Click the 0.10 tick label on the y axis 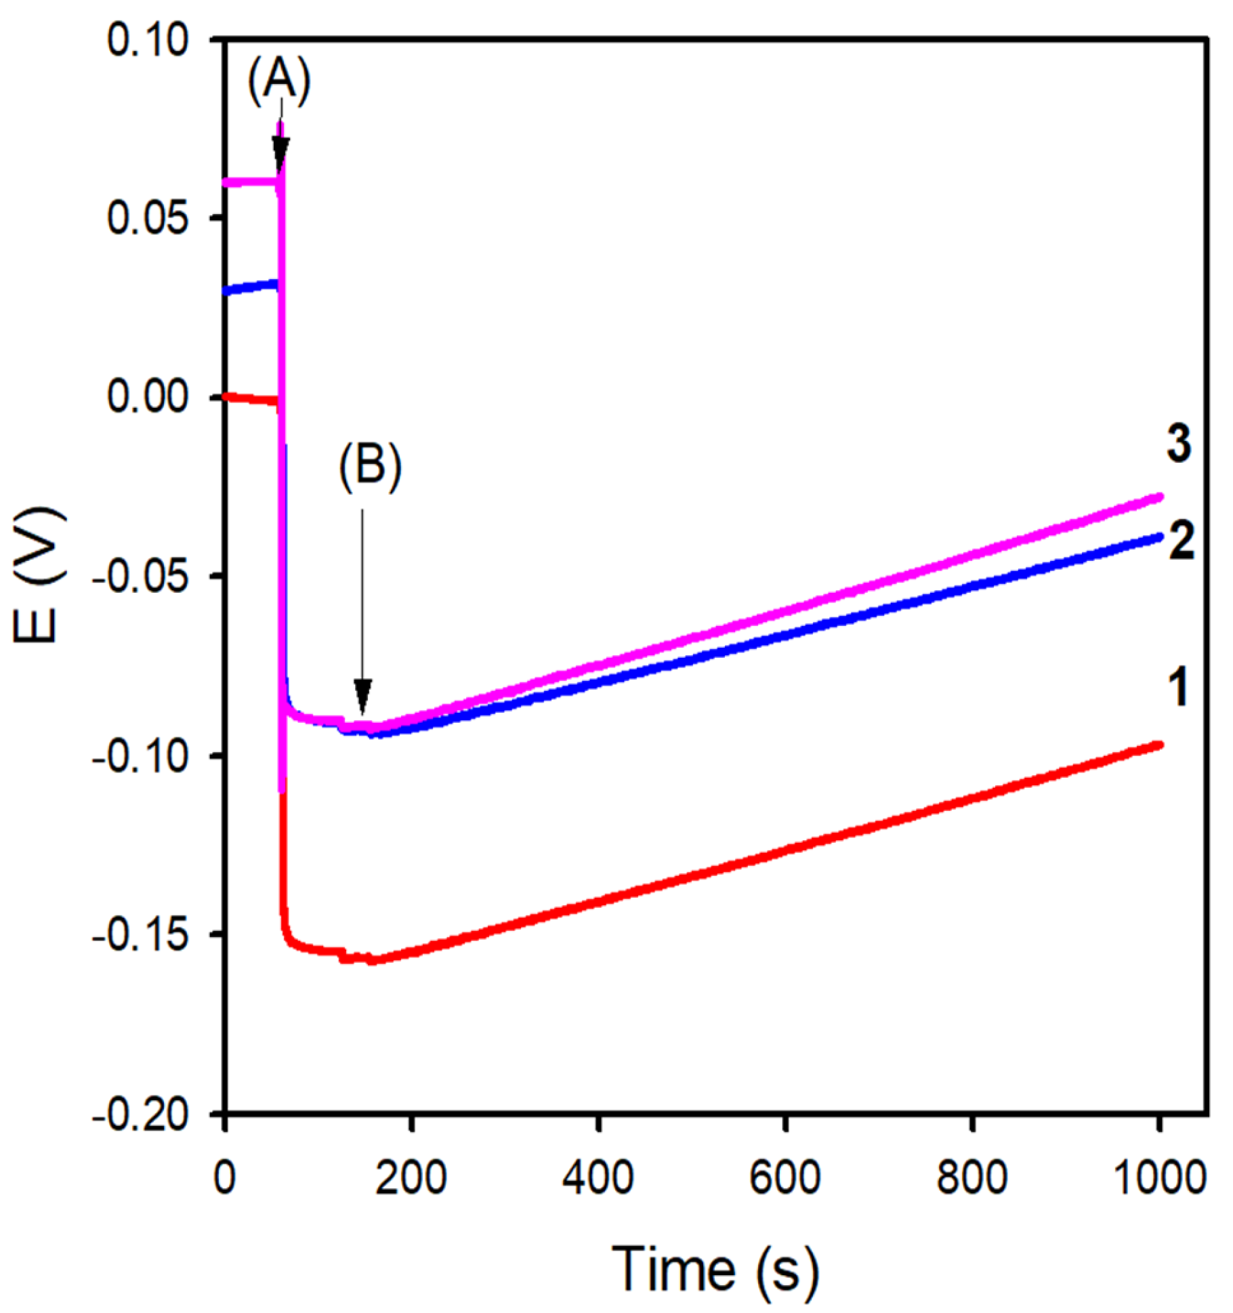click(x=139, y=41)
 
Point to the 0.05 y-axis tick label click(x=139, y=220)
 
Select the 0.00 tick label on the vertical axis click(x=139, y=397)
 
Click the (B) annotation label click(x=371, y=466)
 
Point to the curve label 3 click(x=1179, y=444)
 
